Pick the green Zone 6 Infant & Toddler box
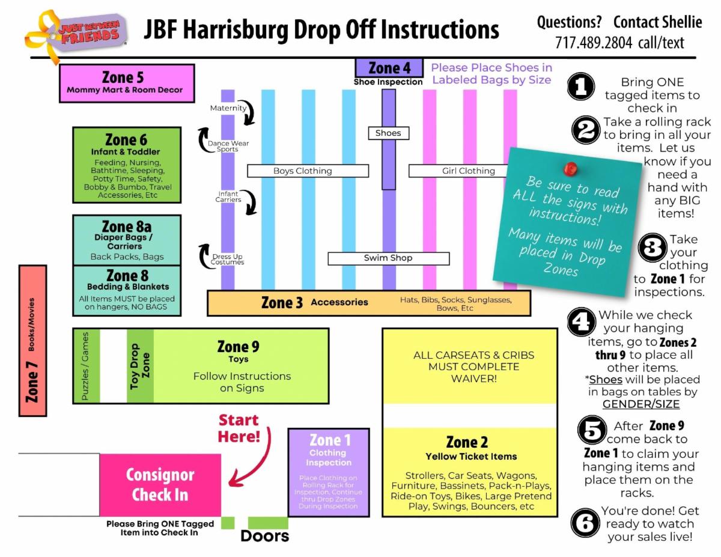(x=127, y=165)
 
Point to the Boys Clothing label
(x=302, y=171)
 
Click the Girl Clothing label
(x=468, y=171)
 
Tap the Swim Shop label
(x=388, y=258)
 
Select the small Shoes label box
(x=388, y=133)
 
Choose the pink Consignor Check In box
(x=160, y=485)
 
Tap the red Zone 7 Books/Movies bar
(x=33, y=341)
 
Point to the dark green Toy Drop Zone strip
(x=141, y=366)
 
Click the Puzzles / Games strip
(x=85, y=366)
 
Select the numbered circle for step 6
(x=585, y=523)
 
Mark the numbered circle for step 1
(x=581, y=88)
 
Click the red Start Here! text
(x=239, y=428)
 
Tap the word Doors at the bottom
(x=264, y=536)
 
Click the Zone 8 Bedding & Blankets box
(x=127, y=290)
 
